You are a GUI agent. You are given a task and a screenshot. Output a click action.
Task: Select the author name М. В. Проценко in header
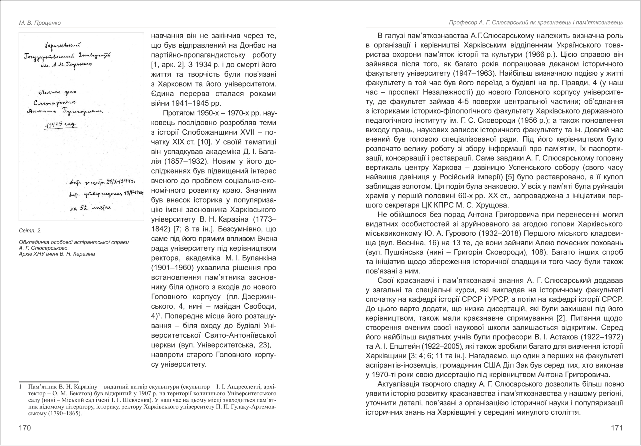(32, 22)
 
